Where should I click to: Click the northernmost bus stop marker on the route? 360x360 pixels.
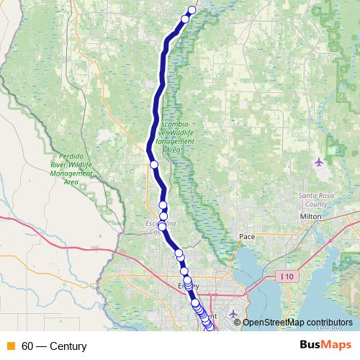(x=192, y=10)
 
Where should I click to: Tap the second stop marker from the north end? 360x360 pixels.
(x=185, y=19)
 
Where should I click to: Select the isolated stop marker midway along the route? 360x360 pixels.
(x=153, y=165)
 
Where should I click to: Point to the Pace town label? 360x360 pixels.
(x=247, y=235)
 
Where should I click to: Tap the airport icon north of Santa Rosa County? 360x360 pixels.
(x=320, y=161)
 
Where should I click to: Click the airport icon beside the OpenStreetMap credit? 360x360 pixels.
(x=233, y=313)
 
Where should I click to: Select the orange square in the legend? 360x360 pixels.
(x=11, y=346)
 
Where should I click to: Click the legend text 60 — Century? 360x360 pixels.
(x=54, y=346)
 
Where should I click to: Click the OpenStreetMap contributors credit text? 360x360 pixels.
(x=298, y=323)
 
